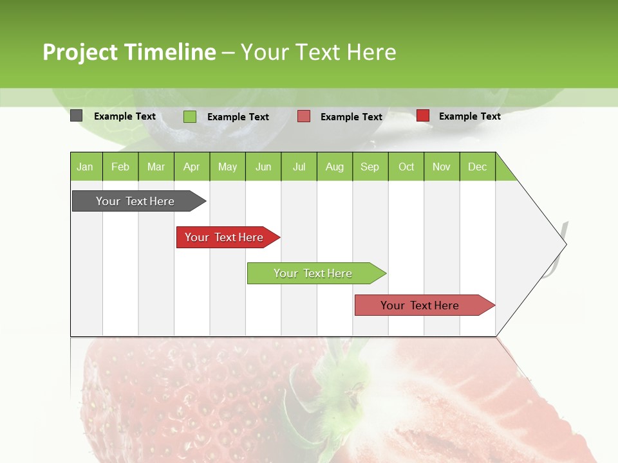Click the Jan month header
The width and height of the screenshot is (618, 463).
coord(86,167)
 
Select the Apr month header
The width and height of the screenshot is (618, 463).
coord(192,167)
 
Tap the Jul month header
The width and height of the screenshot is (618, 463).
coord(299,167)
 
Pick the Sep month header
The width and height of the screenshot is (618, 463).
coord(370,167)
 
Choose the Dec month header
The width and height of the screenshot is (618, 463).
coord(477,167)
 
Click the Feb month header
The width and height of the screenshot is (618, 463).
coord(120,167)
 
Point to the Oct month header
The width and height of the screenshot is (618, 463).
coord(406,167)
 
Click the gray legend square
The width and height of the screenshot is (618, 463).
coord(76,116)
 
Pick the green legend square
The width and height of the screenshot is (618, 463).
coord(189,116)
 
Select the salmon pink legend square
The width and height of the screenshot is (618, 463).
coord(304,116)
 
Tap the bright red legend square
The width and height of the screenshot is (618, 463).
coord(422,116)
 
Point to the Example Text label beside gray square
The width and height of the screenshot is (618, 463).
coord(125,116)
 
